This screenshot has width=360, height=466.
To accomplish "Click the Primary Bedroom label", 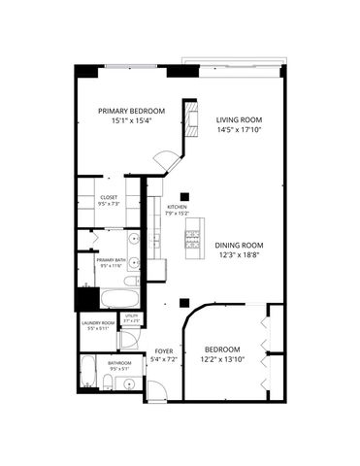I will pyautogui.click(x=132, y=111).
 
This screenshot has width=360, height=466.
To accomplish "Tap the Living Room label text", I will pyautogui.click(x=240, y=118).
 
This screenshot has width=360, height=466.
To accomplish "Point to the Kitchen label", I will pyautogui.click(x=177, y=207).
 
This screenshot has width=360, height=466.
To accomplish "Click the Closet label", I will pyautogui.click(x=109, y=197).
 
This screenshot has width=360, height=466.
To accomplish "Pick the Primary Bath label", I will pyautogui.click(x=110, y=259).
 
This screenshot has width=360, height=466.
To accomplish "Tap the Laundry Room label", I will pyautogui.click(x=98, y=322).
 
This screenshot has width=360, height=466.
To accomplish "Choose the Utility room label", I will pyautogui.click(x=131, y=316).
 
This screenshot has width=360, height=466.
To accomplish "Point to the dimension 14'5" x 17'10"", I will pyautogui.click(x=240, y=129).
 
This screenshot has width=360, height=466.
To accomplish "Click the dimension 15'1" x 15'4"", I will pyautogui.click(x=132, y=121).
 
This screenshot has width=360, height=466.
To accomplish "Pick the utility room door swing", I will pyautogui.click(x=126, y=340).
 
